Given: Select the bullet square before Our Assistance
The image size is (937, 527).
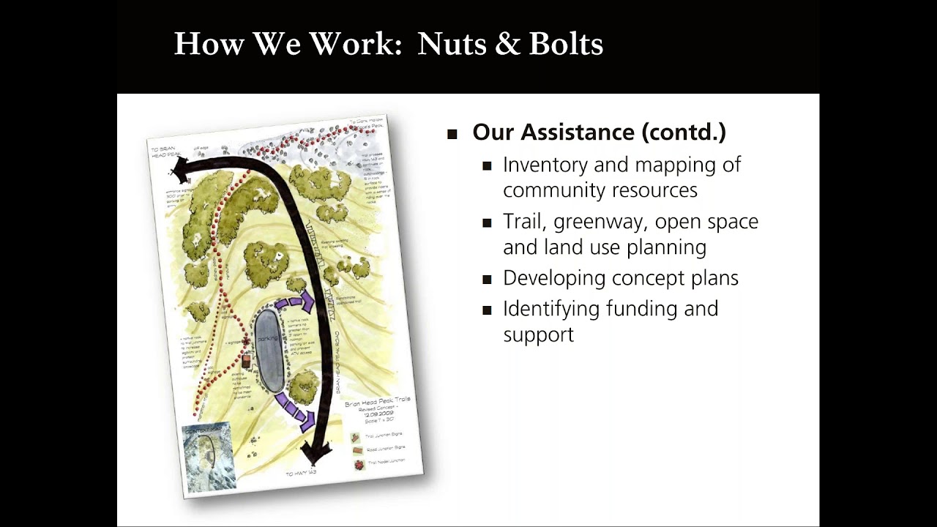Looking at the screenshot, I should coord(452,134).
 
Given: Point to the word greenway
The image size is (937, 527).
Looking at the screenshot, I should coord(598,222).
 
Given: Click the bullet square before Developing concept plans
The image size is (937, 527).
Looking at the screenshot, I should coord(488,280).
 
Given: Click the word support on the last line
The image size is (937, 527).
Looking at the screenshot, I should coord(538,334).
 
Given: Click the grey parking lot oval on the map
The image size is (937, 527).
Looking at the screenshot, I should coord(269,351).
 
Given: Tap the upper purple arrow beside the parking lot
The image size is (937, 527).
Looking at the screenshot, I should coord(297,302).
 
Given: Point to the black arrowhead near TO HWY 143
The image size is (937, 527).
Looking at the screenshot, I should coord(315,452).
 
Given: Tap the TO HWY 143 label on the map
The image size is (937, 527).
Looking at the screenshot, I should coord(302,474).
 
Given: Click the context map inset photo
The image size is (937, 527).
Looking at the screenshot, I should coord(209,457).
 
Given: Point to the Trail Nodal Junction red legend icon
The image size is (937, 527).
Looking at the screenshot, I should coord(359,464).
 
